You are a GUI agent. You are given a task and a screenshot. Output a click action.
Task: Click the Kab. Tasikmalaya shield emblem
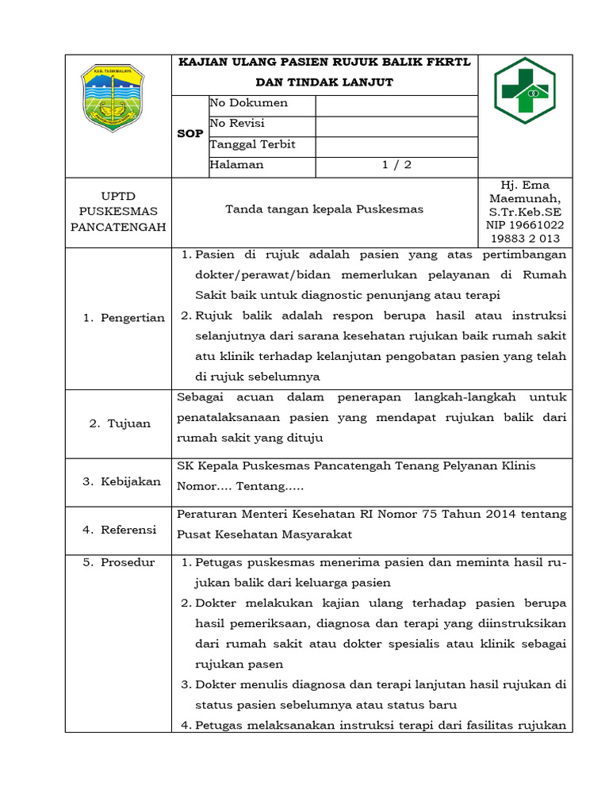113,98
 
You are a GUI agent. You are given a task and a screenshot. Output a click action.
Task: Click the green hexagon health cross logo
524,91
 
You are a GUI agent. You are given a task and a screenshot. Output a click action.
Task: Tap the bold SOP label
190,134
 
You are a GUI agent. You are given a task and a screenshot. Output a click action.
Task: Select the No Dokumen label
248,103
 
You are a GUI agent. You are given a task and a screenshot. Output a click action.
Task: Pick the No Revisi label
237,124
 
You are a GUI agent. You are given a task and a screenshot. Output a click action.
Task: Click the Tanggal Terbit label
252,144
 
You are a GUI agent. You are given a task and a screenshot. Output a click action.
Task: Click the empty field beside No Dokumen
396,104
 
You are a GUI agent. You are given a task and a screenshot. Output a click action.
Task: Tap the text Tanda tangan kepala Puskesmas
324,209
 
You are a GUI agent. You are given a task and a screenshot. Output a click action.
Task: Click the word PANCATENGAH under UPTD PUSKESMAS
119,227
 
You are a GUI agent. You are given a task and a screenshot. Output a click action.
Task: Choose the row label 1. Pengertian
124,318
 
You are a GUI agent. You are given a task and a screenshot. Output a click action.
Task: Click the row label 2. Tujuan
119,423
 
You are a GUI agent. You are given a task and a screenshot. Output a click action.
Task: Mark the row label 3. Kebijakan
123,481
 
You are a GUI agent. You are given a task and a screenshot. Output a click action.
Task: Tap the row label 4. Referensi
120,529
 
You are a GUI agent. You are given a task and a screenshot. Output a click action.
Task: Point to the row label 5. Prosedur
119,562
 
